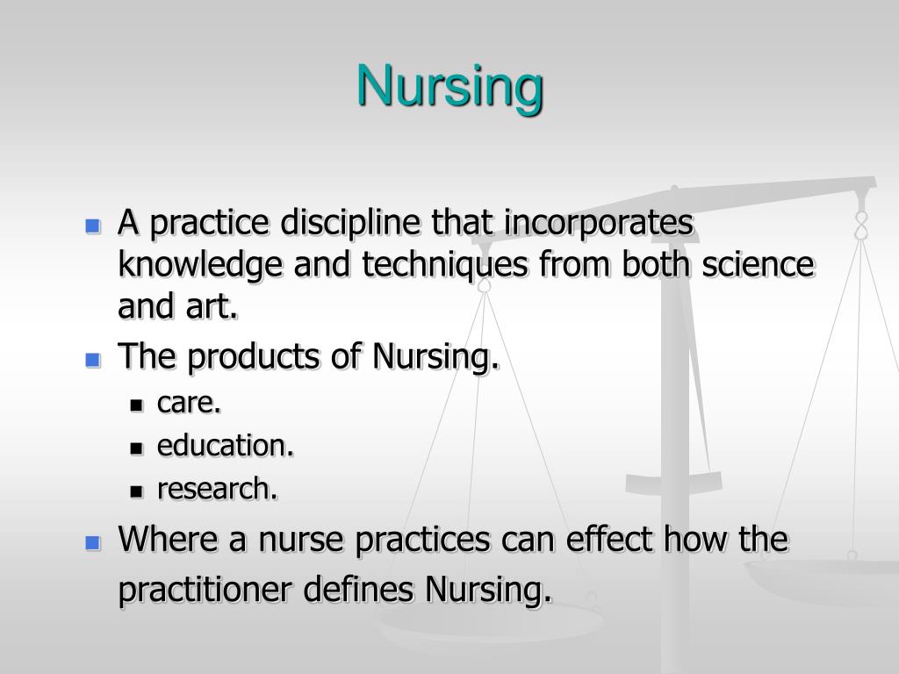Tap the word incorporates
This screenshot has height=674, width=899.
click(x=599, y=225)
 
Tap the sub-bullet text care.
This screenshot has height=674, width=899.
click(x=189, y=403)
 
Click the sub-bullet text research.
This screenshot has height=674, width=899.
click(x=217, y=490)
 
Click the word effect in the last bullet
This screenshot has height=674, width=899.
click(x=615, y=541)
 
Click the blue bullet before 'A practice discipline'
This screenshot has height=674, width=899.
click(x=92, y=226)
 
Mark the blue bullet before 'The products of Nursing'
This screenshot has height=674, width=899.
click(x=92, y=359)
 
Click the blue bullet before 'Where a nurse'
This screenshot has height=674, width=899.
click(x=92, y=543)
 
